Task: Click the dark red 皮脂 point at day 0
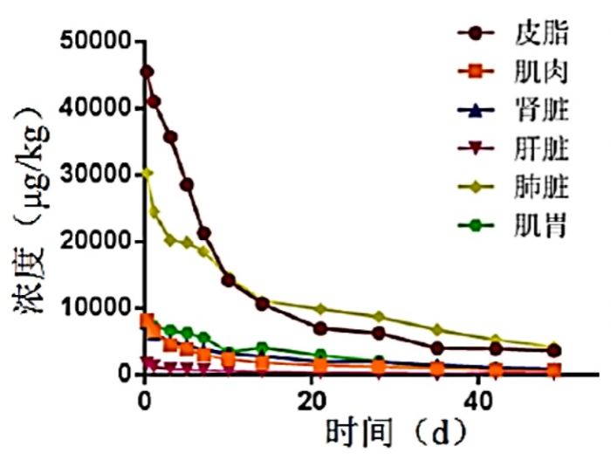click(x=146, y=72)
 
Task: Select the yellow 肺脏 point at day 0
click(x=146, y=173)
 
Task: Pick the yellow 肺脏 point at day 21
click(x=320, y=309)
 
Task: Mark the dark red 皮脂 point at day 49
click(x=553, y=350)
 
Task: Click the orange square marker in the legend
click(x=478, y=72)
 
